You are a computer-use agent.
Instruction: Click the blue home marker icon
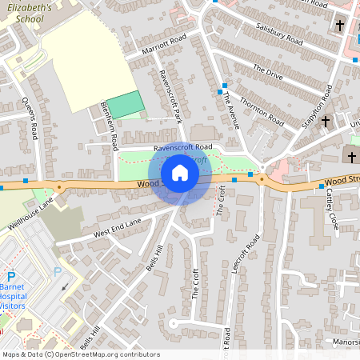pos(180,173)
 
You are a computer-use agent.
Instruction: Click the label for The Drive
pos(268,72)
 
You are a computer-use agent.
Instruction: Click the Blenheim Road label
pos(110,126)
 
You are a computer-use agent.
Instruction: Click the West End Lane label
pos(117,226)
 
